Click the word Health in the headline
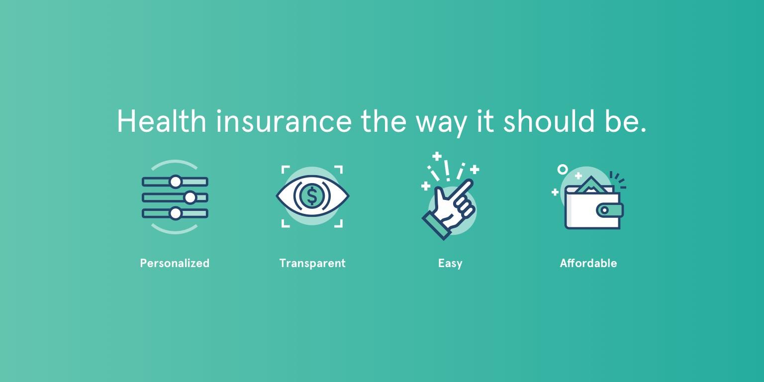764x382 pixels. [x=162, y=121]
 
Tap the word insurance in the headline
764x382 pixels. [x=284, y=121]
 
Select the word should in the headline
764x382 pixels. [x=549, y=121]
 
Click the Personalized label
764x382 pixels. [x=175, y=263]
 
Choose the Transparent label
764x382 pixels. [x=312, y=263]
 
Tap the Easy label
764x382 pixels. [x=450, y=263]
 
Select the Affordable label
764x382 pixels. [x=588, y=263]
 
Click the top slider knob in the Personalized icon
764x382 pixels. [x=176, y=182]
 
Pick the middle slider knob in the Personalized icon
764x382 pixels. [x=190, y=197]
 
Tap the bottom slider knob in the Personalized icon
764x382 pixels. [x=175, y=213]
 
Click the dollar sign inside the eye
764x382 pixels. [x=312, y=196]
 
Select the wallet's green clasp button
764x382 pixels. [x=610, y=210]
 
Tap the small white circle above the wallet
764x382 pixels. [x=563, y=170]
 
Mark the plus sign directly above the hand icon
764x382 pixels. [x=437, y=157]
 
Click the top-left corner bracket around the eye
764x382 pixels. [x=286, y=170]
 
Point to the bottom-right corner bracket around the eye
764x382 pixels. [x=339, y=223]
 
